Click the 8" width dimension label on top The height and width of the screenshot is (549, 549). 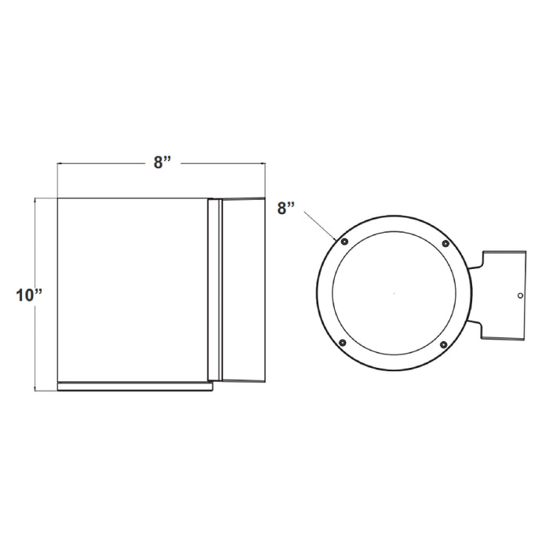click(162, 162)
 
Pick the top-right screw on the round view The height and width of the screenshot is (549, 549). click(445, 244)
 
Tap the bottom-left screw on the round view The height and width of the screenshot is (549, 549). click(342, 343)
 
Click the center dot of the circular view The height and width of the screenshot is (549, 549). click(393, 293)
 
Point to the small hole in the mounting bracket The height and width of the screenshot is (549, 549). click(520, 296)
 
